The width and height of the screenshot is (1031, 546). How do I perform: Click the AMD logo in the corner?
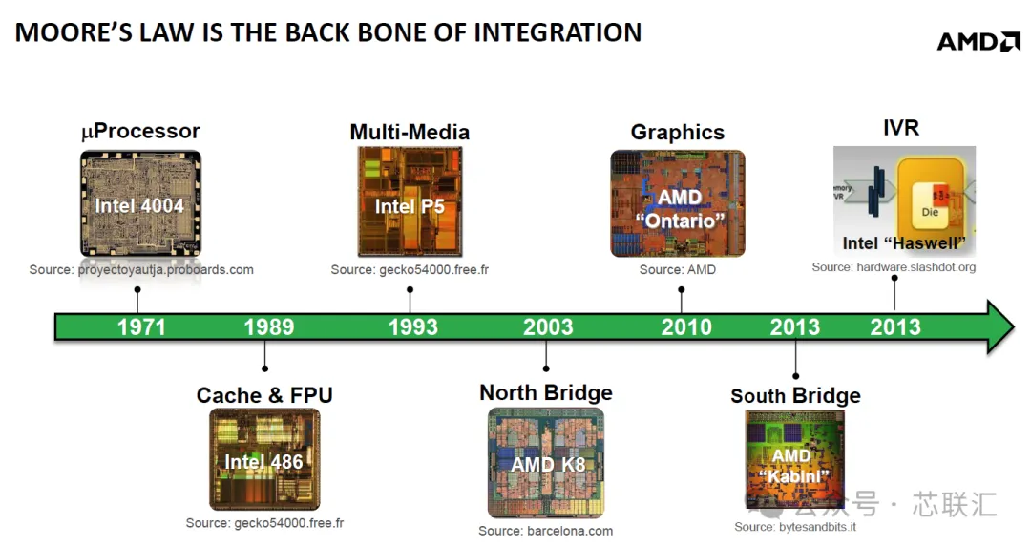pyautogui.click(x=978, y=41)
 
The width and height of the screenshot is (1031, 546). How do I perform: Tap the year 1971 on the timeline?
pyautogui.click(x=141, y=327)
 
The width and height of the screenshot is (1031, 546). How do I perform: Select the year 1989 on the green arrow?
pyautogui.click(x=269, y=327)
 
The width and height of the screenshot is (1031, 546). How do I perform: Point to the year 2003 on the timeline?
pyautogui.click(x=548, y=327)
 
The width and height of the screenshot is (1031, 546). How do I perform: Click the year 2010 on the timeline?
pyautogui.click(x=686, y=327)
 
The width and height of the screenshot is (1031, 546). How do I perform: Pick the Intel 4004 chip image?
pyautogui.click(x=140, y=203)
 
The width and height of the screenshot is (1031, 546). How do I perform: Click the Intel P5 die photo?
pyautogui.click(x=410, y=201)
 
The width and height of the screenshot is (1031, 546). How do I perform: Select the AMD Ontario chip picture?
pyautogui.click(x=678, y=203)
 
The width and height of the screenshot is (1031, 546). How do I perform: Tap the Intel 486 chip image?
pyautogui.click(x=264, y=459)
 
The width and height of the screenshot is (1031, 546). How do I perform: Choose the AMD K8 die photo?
pyautogui.click(x=546, y=462)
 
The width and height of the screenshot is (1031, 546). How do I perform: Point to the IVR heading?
pyautogui.click(x=901, y=128)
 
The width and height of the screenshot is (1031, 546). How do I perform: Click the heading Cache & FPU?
pyautogui.click(x=264, y=395)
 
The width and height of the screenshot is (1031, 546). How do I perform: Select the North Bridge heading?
pyautogui.click(x=546, y=392)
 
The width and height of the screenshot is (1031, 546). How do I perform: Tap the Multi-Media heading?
pyautogui.click(x=410, y=133)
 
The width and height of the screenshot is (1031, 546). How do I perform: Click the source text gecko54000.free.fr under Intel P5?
pyautogui.click(x=434, y=270)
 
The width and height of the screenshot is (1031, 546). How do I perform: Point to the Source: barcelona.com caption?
pyautogui.click(x=546, y=531)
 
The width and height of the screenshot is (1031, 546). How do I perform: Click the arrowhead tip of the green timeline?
pyautogui.click(x=1014, y=327)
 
